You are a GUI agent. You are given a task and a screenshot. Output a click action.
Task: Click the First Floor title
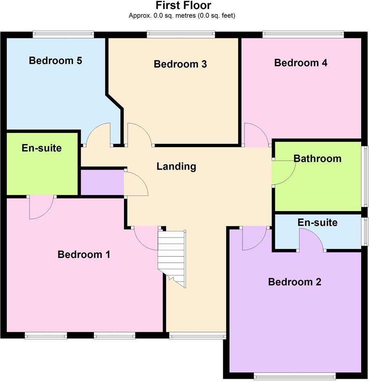click(x=183, y=6)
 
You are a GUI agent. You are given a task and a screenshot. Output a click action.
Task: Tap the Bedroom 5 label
click(x=55, y=61)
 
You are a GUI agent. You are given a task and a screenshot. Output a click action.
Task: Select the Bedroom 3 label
click(x=180, y=64)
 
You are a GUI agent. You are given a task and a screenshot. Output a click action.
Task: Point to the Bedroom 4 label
click(x=301, y=63)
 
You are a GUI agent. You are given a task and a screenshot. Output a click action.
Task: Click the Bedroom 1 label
click(x=84, y=254)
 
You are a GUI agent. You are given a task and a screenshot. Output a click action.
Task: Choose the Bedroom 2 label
click(x=294, y=282)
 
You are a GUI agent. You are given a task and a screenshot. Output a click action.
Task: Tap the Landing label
click(x=176, y=166)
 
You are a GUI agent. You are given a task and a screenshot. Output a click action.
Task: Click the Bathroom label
click(x=317, y=158)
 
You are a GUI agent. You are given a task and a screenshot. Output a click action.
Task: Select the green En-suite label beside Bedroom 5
click(x=42, y=148)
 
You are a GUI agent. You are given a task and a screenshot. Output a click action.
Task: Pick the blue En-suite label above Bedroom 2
click(x=317, y=223)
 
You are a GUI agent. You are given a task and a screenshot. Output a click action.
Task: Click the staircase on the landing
click(x=172, y=257)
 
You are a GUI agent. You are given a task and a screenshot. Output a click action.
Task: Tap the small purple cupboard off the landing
click(x=102, y=182)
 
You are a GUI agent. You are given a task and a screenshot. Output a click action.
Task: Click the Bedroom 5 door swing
click(x=98, y=135)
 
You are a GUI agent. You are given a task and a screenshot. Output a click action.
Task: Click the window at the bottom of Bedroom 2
click(x=294, y=375)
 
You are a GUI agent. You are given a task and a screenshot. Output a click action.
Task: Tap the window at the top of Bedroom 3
click(x=181, y=35)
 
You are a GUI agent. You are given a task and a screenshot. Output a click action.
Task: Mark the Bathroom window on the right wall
click(x=365, y=176)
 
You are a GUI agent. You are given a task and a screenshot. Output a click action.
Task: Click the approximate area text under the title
click(x=182, y=16)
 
